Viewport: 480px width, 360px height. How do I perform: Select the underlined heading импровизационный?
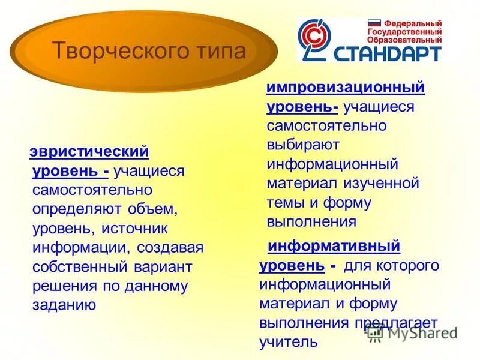tap(346, 88)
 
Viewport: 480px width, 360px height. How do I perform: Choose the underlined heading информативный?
tap(334, 246)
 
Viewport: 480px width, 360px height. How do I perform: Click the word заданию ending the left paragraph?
tap(65, 304)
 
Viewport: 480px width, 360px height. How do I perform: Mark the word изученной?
tap(382, 183)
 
